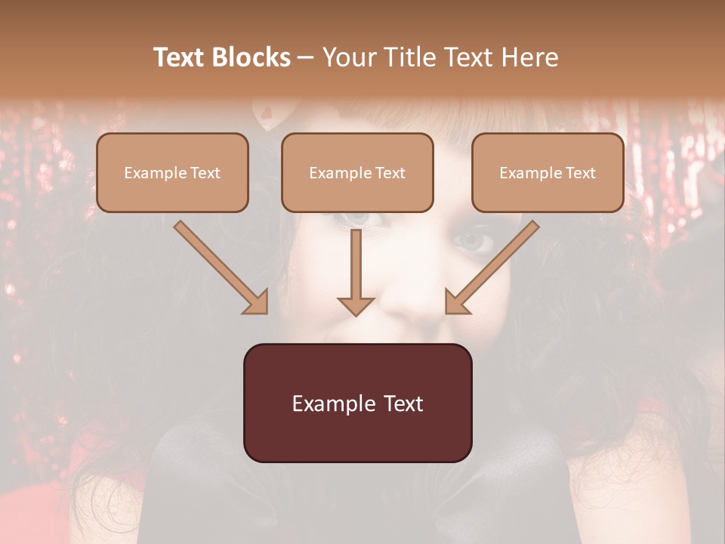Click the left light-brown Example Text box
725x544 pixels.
point(172,172)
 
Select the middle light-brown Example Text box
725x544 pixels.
point(357,172)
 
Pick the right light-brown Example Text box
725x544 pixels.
point(548,172)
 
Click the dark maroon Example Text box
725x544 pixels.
point(357,403)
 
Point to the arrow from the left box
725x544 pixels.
point(219,266)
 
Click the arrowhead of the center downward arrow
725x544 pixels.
point(356,305)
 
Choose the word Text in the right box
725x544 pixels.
point(580,173)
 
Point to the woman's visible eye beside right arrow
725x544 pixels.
point(474,241)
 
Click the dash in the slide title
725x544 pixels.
point(306,58)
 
